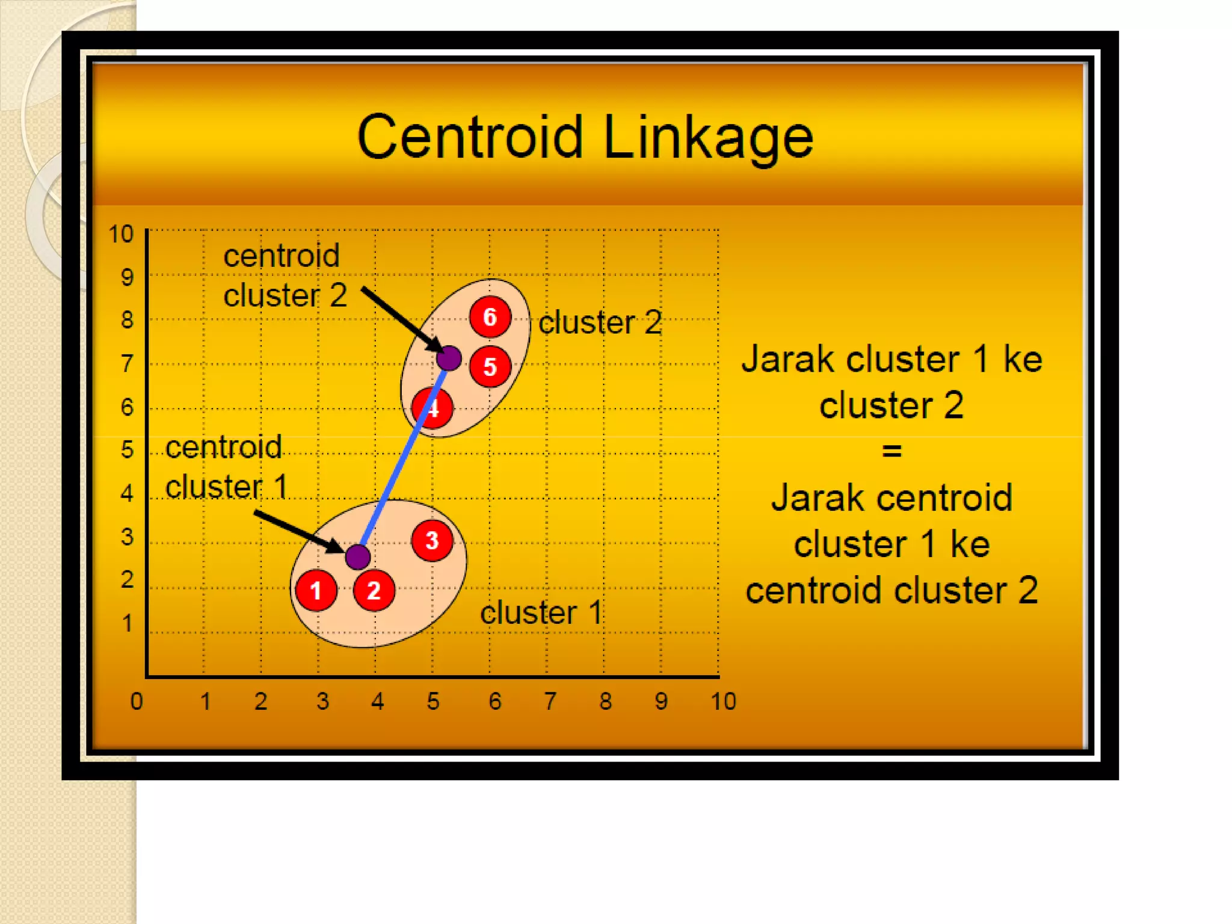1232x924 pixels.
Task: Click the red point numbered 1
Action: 316,591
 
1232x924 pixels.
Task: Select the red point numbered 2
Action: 374,591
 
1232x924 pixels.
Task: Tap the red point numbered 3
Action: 432,540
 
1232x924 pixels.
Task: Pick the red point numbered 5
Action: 490,366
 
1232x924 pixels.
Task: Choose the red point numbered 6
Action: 490,316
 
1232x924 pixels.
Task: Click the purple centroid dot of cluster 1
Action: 358,556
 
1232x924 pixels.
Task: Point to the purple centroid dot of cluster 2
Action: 449,359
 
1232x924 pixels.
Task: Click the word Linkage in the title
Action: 708,138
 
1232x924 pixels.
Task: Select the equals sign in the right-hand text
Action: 892,451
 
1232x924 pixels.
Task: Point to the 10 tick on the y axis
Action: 120,234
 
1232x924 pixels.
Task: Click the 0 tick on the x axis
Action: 137,701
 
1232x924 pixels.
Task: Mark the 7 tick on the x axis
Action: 550,701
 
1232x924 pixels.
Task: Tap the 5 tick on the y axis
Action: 127,450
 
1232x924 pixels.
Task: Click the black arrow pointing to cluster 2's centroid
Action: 400,319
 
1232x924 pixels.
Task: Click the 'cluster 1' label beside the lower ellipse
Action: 541,613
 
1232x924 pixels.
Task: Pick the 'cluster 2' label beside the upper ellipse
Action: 600,322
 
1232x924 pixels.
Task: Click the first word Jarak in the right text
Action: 789,360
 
